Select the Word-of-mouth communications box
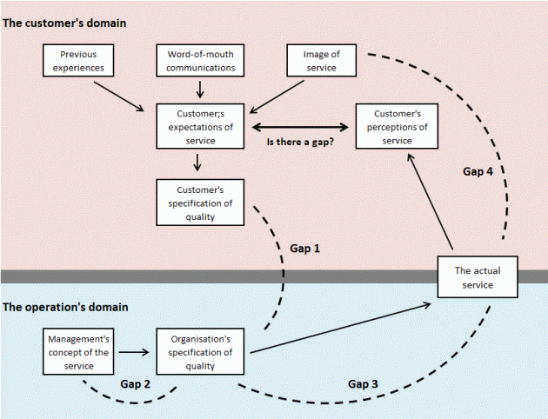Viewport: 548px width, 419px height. pos(201,60)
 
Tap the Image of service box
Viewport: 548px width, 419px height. pos(322,60)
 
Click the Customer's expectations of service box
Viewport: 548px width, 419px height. pos(198,126)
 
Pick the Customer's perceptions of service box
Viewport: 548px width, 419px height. pos(396,126)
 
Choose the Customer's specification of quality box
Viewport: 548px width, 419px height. pos(198,202)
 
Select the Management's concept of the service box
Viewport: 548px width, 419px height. pos(78,352)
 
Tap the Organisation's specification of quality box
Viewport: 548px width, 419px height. pos(201,352)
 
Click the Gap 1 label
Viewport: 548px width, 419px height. pos(304,248)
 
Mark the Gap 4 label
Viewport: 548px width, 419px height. pos(478,172)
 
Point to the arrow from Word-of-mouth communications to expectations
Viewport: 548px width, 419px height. pos(201,89)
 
